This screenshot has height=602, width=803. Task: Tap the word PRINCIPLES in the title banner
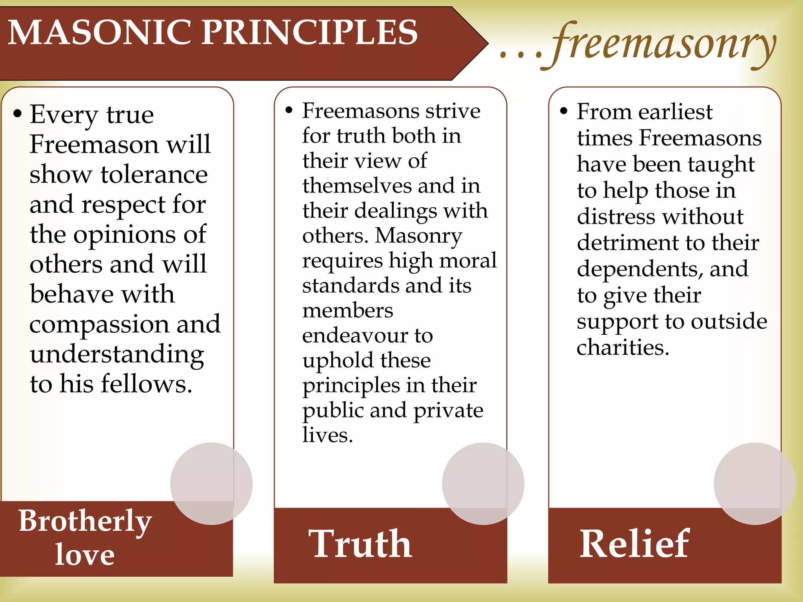pyautogui.click(x=310, y=33)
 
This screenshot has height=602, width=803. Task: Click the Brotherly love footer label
pyautogui.click(x=85, y=537)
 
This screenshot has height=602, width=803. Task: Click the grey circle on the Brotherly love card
pyautogui.click(x=211, y=484)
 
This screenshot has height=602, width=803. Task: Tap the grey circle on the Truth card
pyautogui.click(x=483, y=484)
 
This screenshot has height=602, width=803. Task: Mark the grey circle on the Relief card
pyautogui.click(x=755, y=484)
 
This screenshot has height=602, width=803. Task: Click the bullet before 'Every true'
pyautogui.click(x=17, y=114)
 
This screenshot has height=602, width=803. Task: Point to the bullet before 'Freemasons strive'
pyautogui.click(x=289, y=110)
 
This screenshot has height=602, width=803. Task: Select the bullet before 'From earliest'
pyautogui.click(x=564, y=111)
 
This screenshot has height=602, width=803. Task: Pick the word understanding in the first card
pyautogui.click(x=117, y=355)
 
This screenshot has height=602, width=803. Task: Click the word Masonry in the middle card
pyautogui.click(x=418, y=236)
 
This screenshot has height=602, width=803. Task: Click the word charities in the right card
pyautogui.click(x=623, y=348)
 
